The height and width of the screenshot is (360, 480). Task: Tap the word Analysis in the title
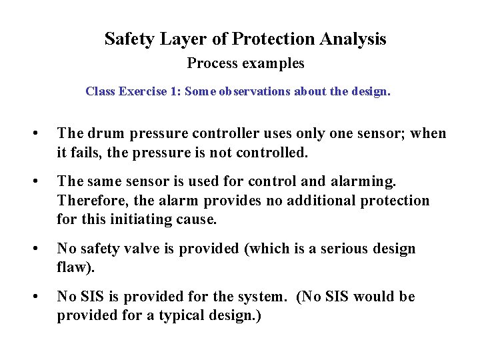click(x=353, y=39)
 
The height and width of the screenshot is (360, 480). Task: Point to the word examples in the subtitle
click(x=275, y=64)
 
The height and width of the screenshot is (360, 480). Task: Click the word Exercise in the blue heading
click(x=143, y=92)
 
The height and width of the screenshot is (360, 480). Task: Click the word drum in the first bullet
click(x=101, y=134)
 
